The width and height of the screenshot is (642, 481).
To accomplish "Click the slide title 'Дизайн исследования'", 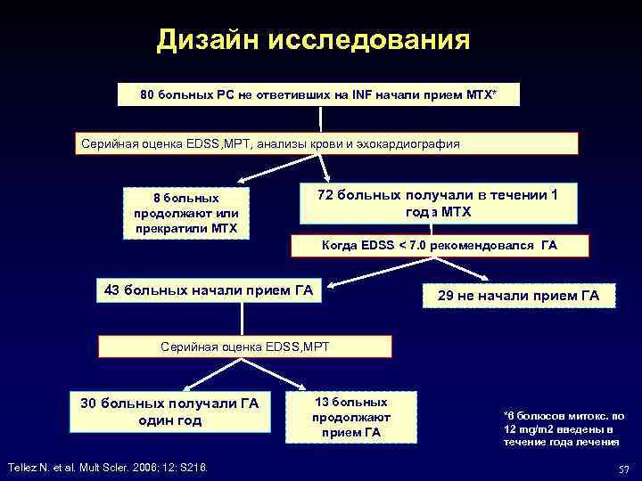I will [312, 40].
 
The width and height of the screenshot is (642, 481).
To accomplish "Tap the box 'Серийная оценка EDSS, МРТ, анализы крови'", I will [325, 143].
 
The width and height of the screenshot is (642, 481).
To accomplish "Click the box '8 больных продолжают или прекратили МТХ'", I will [187, 213].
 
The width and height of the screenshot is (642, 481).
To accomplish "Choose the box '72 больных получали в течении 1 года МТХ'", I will [437, 203].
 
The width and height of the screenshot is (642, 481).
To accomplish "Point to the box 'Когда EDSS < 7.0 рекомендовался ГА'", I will [439, 245].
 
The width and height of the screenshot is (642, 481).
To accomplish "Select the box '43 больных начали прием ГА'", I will [209, 289].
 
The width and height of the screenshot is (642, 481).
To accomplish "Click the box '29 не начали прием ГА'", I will [519, 295].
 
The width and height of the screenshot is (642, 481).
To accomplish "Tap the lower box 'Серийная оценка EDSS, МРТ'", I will [244, 345].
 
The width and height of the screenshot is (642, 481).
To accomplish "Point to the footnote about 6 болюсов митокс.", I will [564, 427].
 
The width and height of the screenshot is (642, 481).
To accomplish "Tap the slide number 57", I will [623, 469].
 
